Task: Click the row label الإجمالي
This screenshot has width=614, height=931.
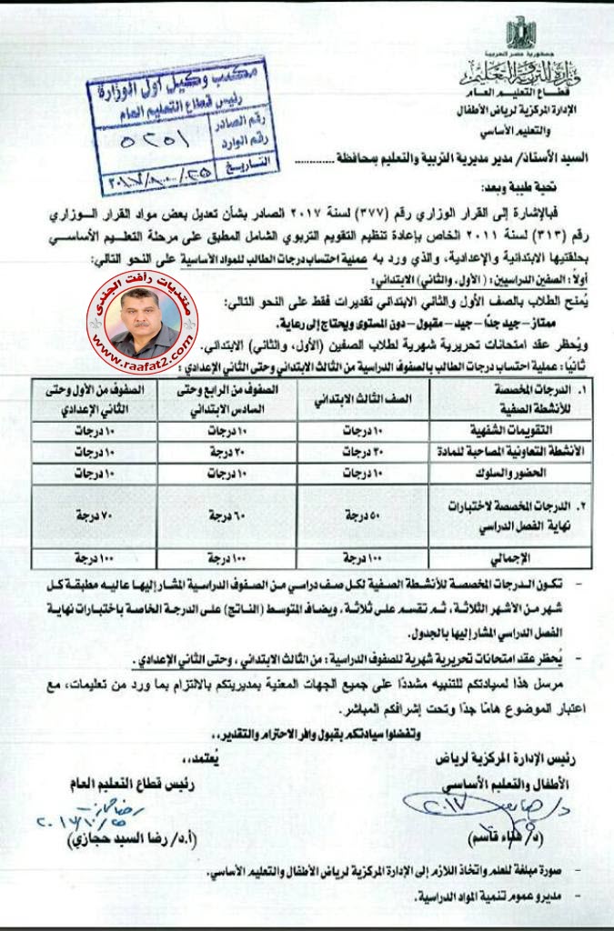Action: [538, 556]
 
